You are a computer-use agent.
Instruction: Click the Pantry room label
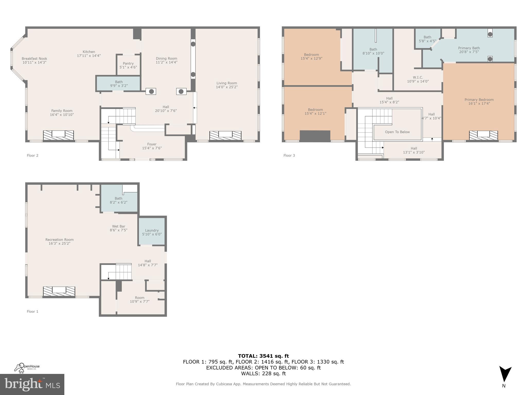coord(128,65)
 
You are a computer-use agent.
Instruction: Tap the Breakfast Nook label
coord(34,60)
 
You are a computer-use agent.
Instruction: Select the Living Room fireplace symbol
coord(225,135)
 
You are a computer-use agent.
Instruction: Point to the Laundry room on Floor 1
coord(152,232)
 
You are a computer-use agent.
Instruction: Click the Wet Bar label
coord(118,228)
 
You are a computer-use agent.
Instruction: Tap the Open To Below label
coord(397,132)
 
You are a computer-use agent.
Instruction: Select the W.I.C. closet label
coord(418,79)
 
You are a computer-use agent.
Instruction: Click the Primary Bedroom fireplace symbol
coord(483,135)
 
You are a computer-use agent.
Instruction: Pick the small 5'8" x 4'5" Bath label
coord(427,39)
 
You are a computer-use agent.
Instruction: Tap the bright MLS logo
coord(32,384)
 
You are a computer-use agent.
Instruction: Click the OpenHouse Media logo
coord(27,367)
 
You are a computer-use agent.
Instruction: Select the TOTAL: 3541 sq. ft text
coord(263,356)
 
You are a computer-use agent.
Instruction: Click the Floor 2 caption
coord(32,155)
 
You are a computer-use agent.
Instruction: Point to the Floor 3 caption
coord(289,155)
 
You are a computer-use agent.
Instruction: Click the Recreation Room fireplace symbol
coord(59,291)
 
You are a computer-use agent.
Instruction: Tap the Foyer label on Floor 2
coord(152,146)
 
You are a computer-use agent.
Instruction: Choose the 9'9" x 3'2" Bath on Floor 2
coord(119,84)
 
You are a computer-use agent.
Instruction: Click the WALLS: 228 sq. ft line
coord(263,373)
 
